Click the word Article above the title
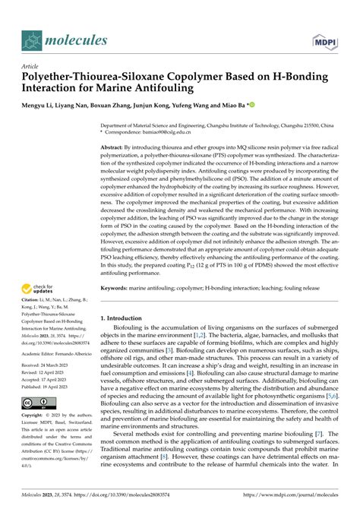tap(32, 66)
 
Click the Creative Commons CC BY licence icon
tap(36, 403)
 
